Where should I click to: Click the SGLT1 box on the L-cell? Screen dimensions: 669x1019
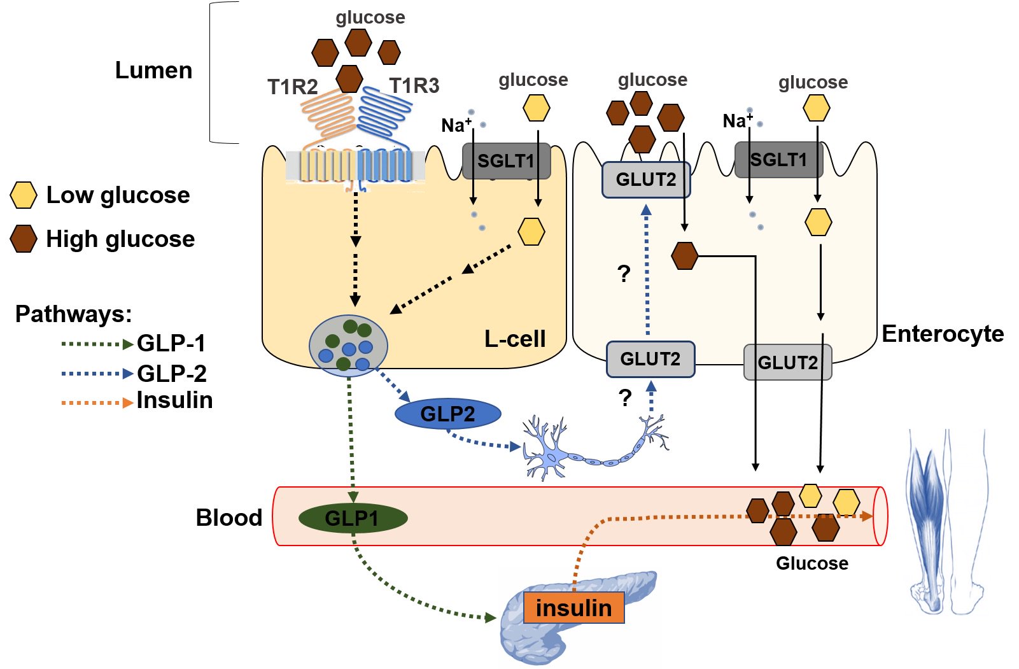point(506,160)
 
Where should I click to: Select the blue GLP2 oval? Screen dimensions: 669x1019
point(447,414)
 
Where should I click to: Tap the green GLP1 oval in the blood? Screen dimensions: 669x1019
point(353,518)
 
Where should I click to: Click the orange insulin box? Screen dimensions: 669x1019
point(573,607)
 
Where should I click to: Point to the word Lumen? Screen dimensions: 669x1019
point(153,70)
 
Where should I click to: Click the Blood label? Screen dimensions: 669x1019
point(228,518)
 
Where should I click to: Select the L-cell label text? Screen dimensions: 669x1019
point(515,339)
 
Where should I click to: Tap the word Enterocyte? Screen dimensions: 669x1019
point(943,334)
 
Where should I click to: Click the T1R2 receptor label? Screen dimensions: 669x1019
point(292,87)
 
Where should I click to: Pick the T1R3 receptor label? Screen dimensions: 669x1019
point(414,85)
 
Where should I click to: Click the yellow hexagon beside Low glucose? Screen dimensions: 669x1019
point(24,195)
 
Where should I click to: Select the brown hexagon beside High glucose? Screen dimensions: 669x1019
point(24,239)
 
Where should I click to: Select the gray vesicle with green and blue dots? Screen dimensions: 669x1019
point(348,346)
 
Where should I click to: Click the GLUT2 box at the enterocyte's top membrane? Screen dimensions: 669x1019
point(645,180)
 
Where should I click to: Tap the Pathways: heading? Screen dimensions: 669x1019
point(73,314)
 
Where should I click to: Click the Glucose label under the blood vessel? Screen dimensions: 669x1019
point(812,563)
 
